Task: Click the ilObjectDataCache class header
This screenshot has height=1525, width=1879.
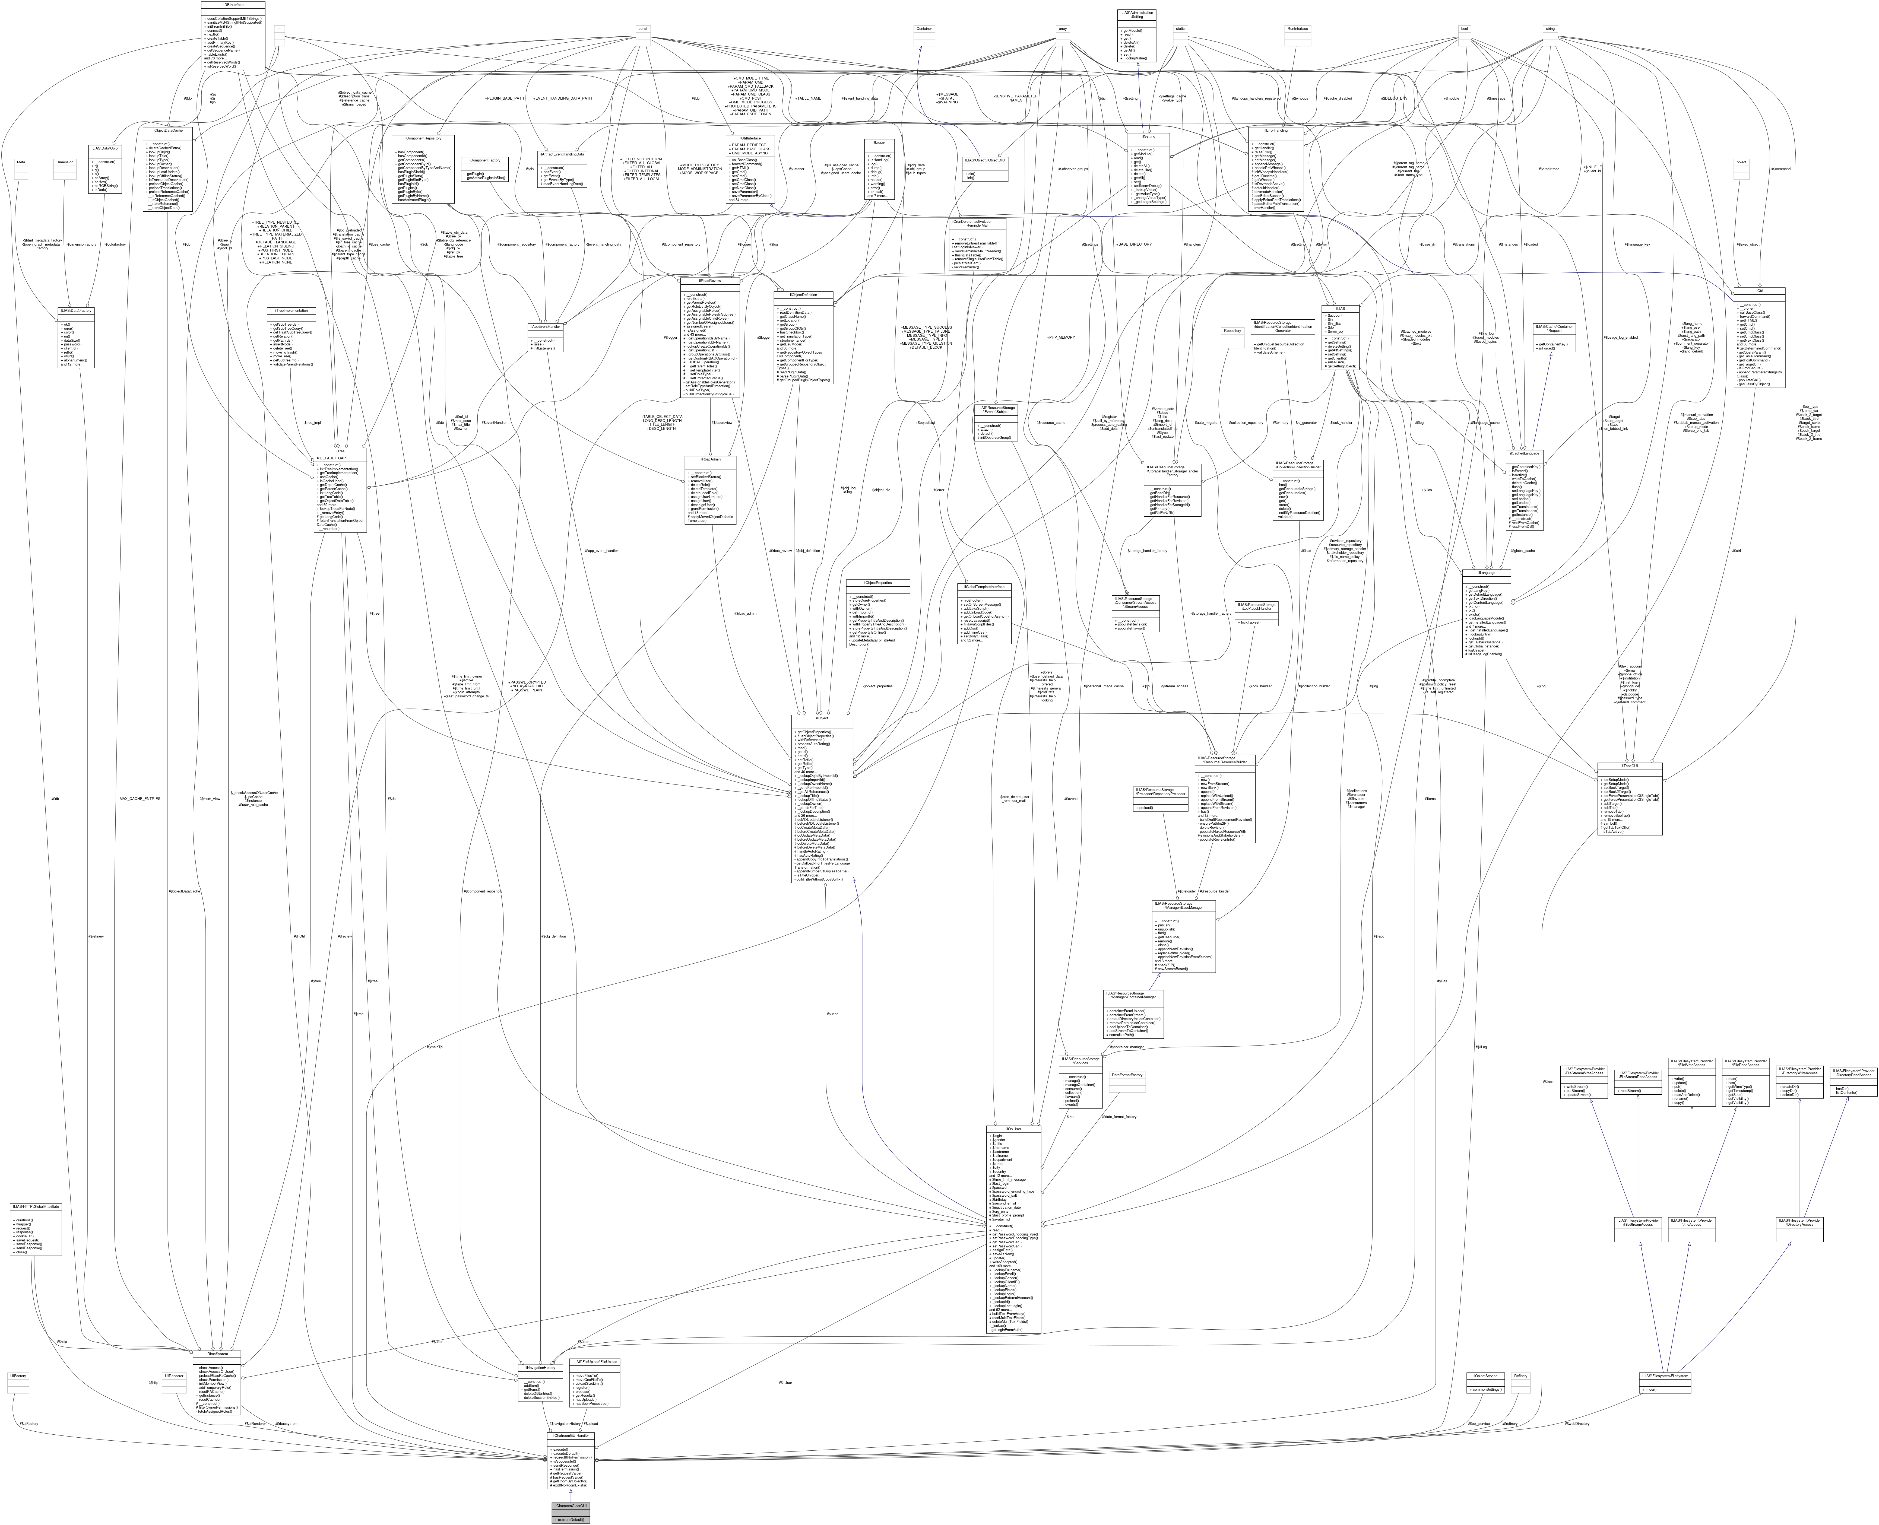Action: pos(167,130)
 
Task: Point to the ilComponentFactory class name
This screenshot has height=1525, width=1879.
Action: pos(483,160)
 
